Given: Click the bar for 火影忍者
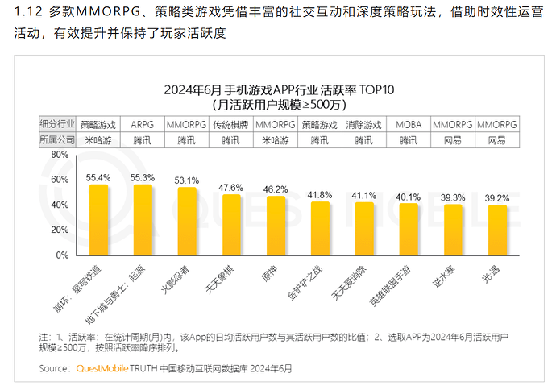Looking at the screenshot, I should click(187, 221).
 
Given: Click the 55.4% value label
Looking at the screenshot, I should click(98, 177).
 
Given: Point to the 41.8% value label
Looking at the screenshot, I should click(320, 194).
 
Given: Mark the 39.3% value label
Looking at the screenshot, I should click(453, 197).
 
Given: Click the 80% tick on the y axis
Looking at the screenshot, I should click(56, 153).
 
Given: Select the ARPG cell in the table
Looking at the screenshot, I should click(143, 125).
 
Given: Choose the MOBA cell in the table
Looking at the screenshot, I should click(409, 125).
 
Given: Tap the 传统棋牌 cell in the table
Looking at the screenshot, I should click(231, 125).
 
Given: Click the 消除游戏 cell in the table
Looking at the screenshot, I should click(364, 125).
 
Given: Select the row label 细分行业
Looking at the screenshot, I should click(56, 125).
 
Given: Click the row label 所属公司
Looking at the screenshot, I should click(56, 140).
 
